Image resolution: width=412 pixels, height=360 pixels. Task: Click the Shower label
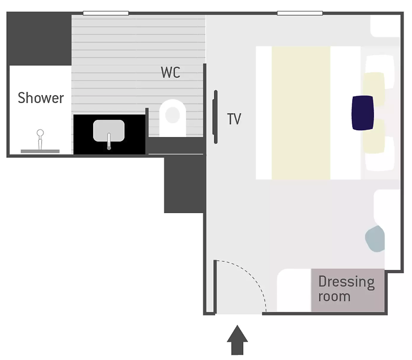(x=41, y=98)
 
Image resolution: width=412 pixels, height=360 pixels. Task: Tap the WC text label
(x=171, y=72)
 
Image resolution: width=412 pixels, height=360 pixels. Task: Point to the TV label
(x=234, y=119)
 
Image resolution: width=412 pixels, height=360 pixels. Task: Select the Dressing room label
(x=346, y=289)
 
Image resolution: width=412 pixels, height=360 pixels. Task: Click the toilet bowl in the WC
(x=173, y=118)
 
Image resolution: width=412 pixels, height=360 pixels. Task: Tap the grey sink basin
(x=109, y=131)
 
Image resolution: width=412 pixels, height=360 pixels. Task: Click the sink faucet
(x=109, y=141)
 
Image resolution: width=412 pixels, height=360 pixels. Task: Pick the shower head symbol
(x=40, y=140)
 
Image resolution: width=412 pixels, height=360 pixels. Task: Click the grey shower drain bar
(x=40, y=151)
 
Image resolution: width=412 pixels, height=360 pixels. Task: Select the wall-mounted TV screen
(x=215, y=117)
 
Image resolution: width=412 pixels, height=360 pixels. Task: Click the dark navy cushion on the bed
(x=363, y=112)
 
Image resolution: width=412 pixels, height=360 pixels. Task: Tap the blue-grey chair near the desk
(x=375, y=239)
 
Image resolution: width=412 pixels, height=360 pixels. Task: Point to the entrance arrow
(x=237, y=340)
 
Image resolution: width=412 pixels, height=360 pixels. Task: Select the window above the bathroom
(x=106, y=13)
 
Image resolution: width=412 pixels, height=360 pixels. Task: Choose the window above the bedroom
(x=300, y=13)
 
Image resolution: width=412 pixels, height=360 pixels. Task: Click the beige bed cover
(x=301, y=113)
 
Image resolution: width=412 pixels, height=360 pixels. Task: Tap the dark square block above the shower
(x=39, y=39)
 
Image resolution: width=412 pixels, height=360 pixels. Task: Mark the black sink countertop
(x=110, y=135)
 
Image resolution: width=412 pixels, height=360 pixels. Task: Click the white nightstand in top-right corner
(x=385, y=26)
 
